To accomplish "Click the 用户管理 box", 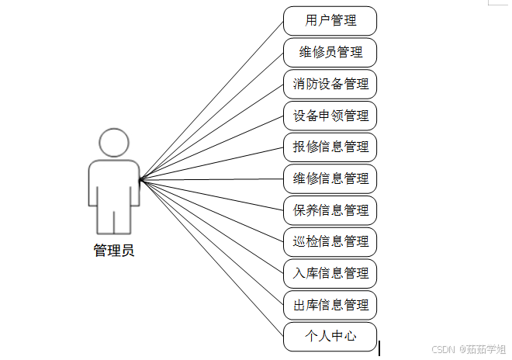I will pyautogui.click(x=330, y=21).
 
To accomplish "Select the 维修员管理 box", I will pyautogui.click(x=330, y=53).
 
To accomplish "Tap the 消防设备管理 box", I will pyautogui.click(x=330, y=84).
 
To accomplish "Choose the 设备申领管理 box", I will pyautogui.click(x=330, y=116).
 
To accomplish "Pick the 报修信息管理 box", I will pyautogui.click(x=330, y=147).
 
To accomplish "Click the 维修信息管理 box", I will pyautogui.click(x=330, y=178).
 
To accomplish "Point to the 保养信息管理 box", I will pyautogui.click(x=330, y=210).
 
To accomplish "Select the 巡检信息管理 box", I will pyautogui.click(x=330, y=241).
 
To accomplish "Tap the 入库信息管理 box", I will pyautogui.click(x=330, y=273).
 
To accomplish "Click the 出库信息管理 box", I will pyautogui.click(x=330, y=305).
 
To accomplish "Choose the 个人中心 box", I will pyautogui.click(x=330, y=337).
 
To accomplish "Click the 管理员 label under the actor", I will pyautogui.click(x=113, y=251).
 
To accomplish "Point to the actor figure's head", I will pyautogui.click(x=113, y=144).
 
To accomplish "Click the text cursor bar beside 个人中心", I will pyautogui.click(x=379, y=348).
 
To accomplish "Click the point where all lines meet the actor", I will pyautogui.click(x=140, y=181).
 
